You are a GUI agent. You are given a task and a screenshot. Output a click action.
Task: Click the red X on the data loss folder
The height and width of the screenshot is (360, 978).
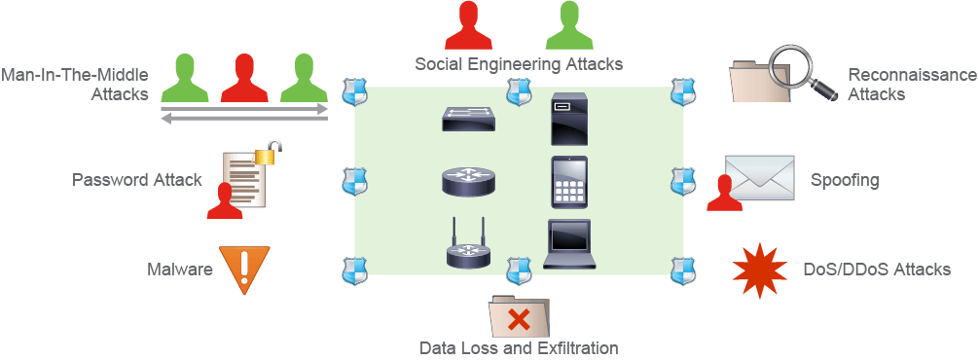point(519,321)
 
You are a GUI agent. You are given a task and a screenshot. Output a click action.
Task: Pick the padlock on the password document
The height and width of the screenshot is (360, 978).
point(269,153)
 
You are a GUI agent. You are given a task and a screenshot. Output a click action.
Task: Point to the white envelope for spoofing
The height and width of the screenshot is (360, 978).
point(759,178)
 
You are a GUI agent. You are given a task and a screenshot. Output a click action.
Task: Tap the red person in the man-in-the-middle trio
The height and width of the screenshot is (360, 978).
point(244,78)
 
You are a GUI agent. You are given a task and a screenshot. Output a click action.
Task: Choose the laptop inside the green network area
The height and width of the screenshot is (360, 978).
point(566,244)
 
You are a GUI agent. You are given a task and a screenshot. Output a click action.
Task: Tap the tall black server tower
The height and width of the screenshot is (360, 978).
point(569,119)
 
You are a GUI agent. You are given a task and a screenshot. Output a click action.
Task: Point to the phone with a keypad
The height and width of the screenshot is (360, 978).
point(569,182)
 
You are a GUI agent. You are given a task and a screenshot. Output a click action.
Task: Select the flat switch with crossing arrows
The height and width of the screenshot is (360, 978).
point(469,119)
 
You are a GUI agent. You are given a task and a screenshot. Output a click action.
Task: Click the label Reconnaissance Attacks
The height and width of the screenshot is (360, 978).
point(912,85)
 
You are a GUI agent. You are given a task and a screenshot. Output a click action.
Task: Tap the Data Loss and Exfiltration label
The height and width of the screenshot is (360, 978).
point(519,347)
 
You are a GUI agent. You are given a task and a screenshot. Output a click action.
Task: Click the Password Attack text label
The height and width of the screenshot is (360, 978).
point(136,180)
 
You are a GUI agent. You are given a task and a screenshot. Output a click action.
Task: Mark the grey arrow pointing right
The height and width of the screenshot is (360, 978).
point(244,109)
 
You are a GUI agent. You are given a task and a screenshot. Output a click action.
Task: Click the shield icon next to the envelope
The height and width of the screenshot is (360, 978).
point(682,182)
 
